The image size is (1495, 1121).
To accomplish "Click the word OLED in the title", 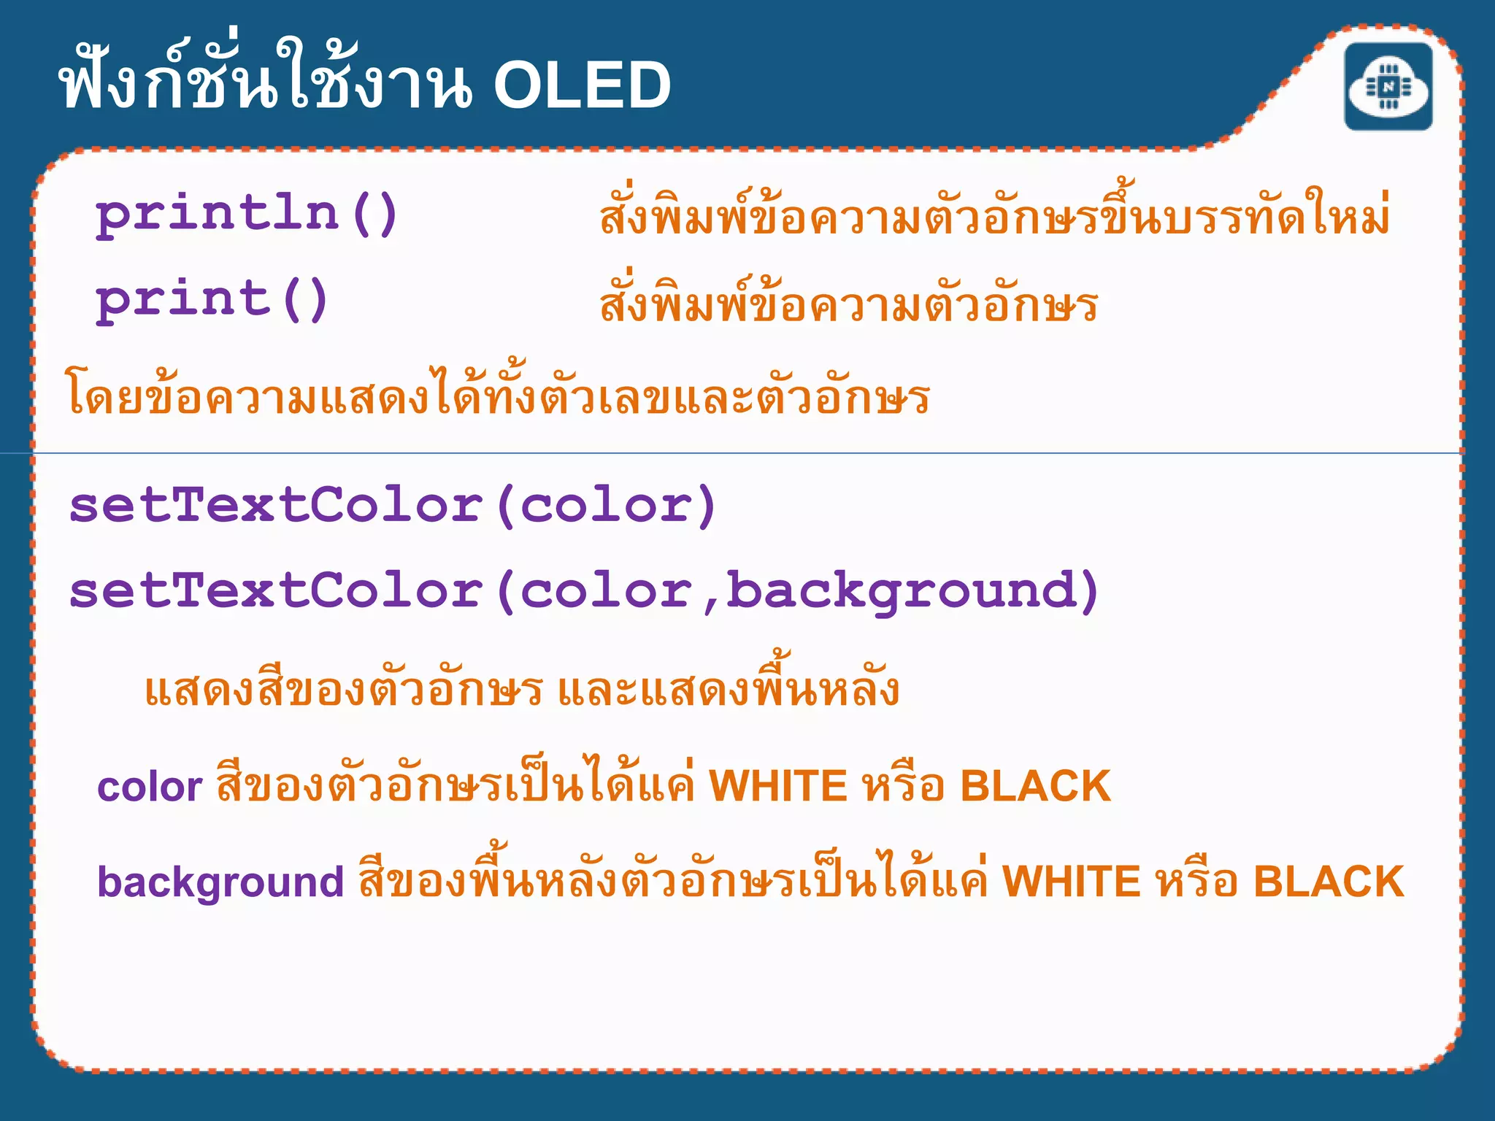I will [x=582, y=85].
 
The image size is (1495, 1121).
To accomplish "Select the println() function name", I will [x=246, y=215].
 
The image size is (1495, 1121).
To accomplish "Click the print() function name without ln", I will [x=212, y=300].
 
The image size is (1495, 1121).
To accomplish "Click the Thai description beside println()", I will [x=994, y=216].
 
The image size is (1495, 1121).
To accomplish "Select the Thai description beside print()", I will [x=848, y=302].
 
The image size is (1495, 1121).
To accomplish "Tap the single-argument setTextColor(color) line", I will [x=393, y=506].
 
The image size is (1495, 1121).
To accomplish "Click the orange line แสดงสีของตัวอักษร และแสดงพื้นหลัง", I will [x=521, y=689].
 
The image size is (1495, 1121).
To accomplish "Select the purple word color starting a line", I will [x=150, y=787].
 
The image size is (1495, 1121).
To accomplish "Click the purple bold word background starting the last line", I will [x=220, y=882].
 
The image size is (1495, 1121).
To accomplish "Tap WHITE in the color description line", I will [x=777, y=786].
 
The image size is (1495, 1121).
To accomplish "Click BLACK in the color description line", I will [x=1034, y=786].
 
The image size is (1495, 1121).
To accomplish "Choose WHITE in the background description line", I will [x=1071, y=882].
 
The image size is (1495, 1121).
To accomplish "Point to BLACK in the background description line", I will [x=1329, y=882].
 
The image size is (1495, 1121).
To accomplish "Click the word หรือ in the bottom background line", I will [x=1197, y=882].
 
